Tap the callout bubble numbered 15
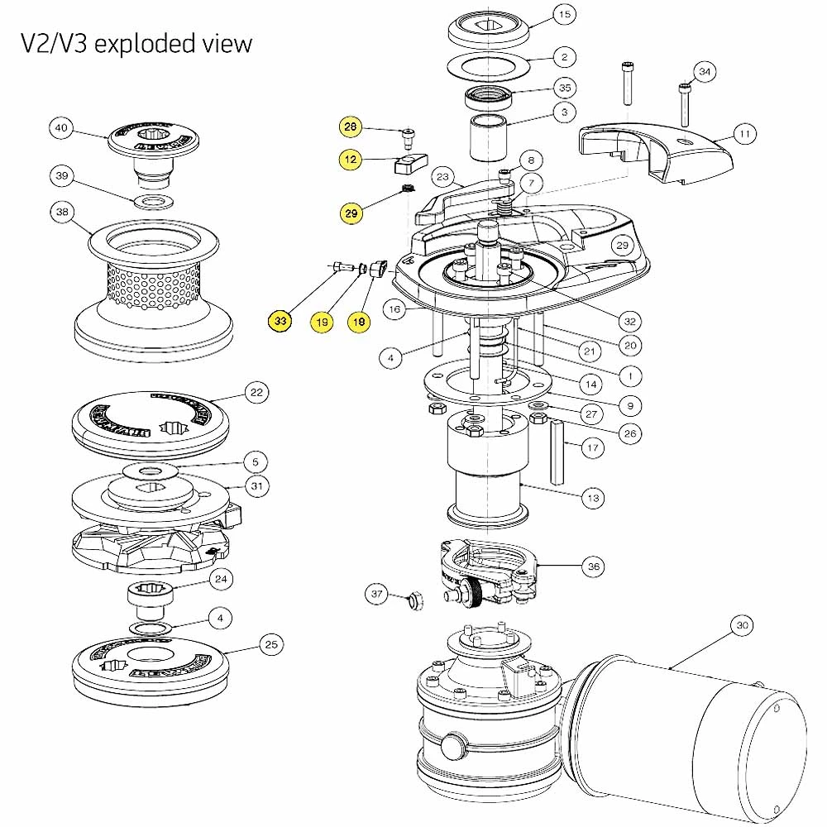[564, 15]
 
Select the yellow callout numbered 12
[351, 157]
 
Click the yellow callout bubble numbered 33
[281, 321]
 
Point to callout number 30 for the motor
[742, 626]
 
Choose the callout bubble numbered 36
[593, 566]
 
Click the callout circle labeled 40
[61, 128]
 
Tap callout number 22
[257, 393]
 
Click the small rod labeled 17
[557, 452]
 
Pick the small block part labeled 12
[409, 163]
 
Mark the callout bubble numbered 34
[704, 72]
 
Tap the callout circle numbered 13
[593, 498]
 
